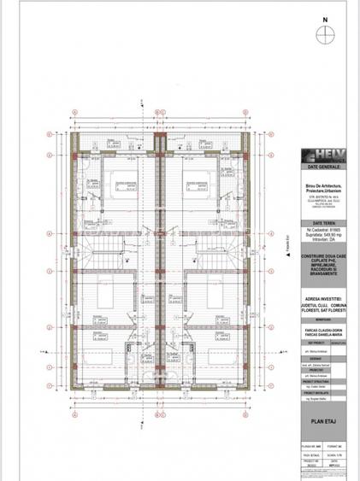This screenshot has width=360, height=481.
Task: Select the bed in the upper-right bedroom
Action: (193, 183)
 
